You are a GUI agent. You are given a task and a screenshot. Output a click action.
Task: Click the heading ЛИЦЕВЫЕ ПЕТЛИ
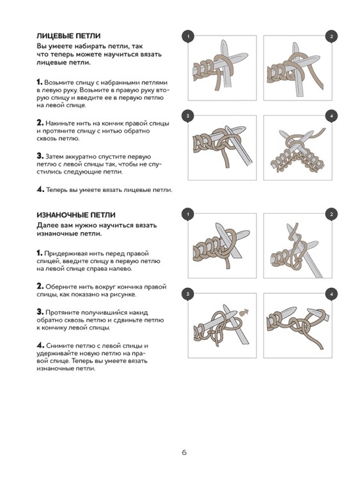pyautogui.click(x=68, y=36)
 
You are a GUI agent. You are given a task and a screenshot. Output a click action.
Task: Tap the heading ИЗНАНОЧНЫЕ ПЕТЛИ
pyautogui.click(x=76, y=215)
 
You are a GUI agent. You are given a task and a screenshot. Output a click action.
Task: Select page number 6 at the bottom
pyautogui.click(x=184, y=452)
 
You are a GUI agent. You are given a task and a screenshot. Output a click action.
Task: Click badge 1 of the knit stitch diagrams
pyautogui.click(x=188, y=36)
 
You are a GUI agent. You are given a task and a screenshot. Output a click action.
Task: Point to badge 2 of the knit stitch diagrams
pyautogui.click(x=331, y=36)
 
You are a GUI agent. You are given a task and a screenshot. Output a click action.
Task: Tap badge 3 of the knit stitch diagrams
pyautogui.click(x=188, y=116)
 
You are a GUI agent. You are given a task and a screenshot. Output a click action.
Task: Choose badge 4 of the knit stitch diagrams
pyautogui.click(x=331, y=116)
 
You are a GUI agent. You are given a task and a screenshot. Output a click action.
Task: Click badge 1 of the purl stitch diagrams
pyautogui.click(x=188, y=214)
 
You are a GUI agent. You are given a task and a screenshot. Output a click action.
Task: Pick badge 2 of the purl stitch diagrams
pyautogui.click(x=331, y=214)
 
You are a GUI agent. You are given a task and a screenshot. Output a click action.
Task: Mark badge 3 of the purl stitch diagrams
pyautogui.click(x=188, y=294)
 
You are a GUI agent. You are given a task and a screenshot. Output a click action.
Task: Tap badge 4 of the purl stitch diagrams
pyautogui.click(x=331, y=294)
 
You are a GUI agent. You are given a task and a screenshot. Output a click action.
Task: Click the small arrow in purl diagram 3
pyautogui.click(x=244, y=312)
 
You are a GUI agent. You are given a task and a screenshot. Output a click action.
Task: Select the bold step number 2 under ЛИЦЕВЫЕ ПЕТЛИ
pyautogui.click(x=40, y=123)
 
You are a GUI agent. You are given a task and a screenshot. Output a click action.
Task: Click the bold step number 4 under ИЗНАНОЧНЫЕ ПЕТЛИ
pyautogui.click(x=40, y=346)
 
